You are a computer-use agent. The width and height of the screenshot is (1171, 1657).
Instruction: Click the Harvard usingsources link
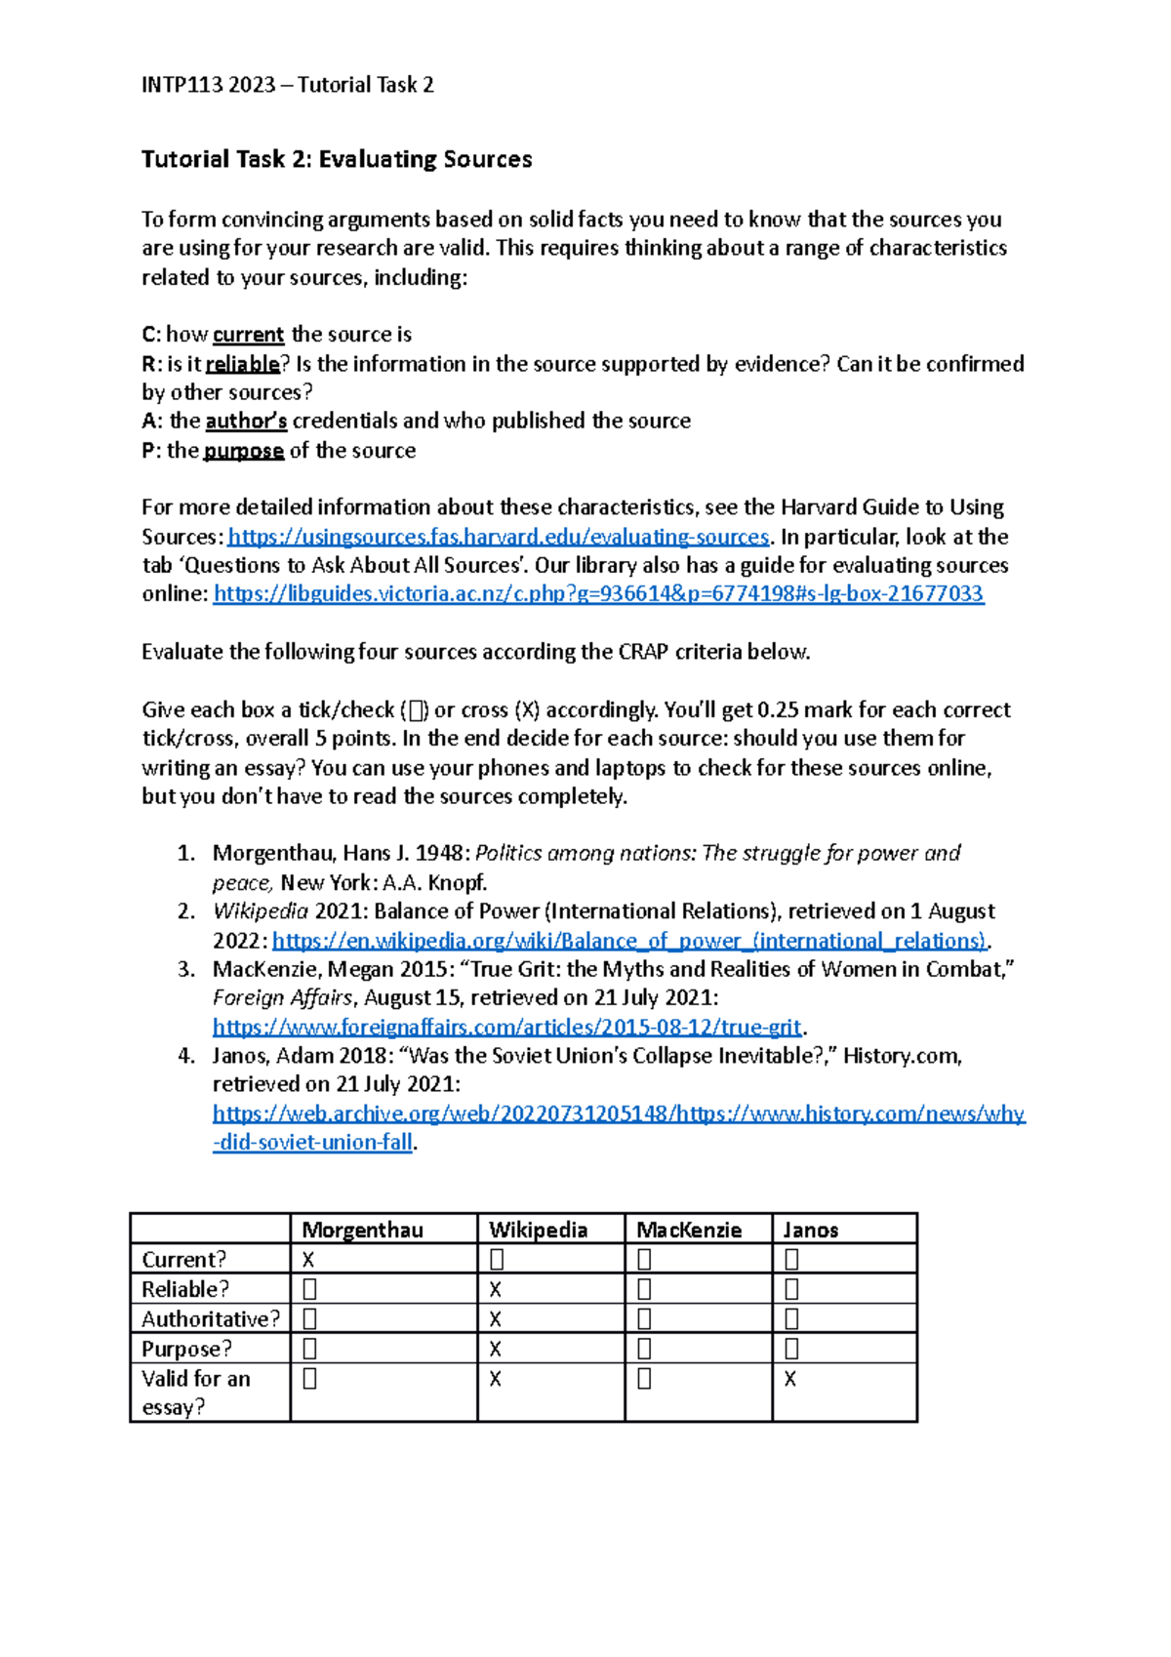coord(498,537)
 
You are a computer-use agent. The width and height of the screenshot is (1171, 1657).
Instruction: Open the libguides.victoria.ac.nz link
coord(598,593)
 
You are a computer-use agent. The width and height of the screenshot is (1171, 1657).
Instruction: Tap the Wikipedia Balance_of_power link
coord(629,941)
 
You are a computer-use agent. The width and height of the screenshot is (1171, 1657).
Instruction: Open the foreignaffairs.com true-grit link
coord(506,1027)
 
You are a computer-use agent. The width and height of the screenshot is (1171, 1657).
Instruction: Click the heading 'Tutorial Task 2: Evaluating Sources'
coord(337,159)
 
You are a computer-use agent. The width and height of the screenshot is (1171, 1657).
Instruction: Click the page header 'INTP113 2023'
coord(208,85)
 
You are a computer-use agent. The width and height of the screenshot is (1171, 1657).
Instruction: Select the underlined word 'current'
coord(248,335)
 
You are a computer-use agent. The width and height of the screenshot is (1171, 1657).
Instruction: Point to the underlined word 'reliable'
coord(242,364)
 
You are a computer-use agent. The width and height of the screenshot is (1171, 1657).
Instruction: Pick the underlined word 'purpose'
coord(243,451)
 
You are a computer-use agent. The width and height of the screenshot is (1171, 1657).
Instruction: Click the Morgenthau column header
coord(362,1230)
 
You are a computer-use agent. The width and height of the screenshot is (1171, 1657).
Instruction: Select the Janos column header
coord(810,1230)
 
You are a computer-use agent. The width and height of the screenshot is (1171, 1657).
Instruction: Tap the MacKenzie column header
coord(689,1230)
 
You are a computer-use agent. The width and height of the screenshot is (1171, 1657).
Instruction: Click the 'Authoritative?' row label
coord(210,1319)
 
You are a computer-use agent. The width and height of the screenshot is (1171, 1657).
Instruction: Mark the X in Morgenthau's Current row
coord(308,1260)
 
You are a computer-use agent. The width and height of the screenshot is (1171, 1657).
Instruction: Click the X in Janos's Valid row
coord(789,1379)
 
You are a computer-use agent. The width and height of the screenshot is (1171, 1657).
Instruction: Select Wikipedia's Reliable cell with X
coord(495,1290)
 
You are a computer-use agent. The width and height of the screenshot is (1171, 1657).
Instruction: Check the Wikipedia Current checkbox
coord(496,1260)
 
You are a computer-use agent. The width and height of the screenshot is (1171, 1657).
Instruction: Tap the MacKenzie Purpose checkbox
coord(644,1350)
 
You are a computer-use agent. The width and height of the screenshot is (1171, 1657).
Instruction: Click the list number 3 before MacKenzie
coord(186,969)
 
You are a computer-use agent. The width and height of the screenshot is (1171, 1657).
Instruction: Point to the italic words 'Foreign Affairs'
coord(283,997)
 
